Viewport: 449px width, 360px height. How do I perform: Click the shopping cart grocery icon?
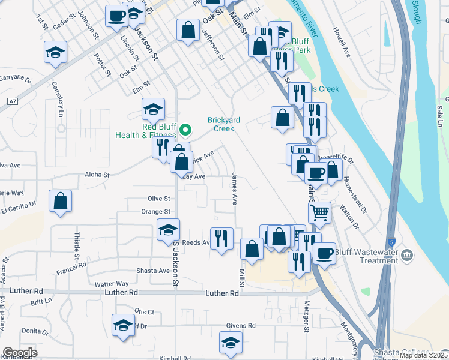pyautogui.click(x=319, y=211)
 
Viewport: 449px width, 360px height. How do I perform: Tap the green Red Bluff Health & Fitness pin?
pyautogui.click(x=186, y=128)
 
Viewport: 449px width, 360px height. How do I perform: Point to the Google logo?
pyautogui.click(x=20, y=353)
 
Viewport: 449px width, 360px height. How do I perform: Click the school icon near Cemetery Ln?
pyautogui.click(x=55, y=52)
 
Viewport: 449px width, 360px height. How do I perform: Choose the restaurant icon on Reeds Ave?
pyautogui.click(x=221, y=239)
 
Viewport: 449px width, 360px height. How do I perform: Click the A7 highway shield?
pyautogui.click(x=13, y=101)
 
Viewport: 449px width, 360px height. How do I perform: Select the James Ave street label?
pyautogui.click(x=233, y=189)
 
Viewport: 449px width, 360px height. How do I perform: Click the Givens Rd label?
pyautogui.click(x=241, y=325)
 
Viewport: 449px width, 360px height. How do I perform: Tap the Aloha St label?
pyautogui.click(x=98, y=175)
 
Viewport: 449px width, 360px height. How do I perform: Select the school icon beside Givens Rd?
pyautogui.click(x=231, y=342)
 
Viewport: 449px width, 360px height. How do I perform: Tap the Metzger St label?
pyautogui.click(x=306, y=316)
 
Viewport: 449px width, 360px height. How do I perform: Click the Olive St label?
pyautogui.click(x=159, y=198)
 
